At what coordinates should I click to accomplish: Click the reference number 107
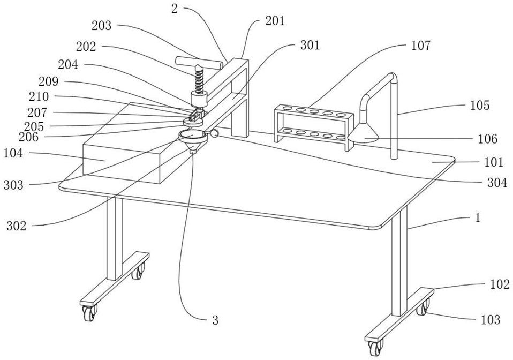[421, 46]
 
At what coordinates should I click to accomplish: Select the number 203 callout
[101, 26]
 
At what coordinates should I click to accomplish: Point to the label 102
[500, 284]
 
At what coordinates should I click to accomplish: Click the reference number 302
[17, 226]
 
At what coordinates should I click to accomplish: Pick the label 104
[13, 153]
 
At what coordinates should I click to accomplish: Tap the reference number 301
[310, 45]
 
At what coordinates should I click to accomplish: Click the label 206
[28, 137]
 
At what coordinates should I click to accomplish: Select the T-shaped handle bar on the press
[199, 62]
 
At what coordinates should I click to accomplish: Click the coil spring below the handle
[199, 82]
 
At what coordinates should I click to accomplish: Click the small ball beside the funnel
[215, 133]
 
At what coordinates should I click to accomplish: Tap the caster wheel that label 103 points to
[423, 308]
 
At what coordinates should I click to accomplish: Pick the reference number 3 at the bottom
[215, 320]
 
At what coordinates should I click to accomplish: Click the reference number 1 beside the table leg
[478, 217]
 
